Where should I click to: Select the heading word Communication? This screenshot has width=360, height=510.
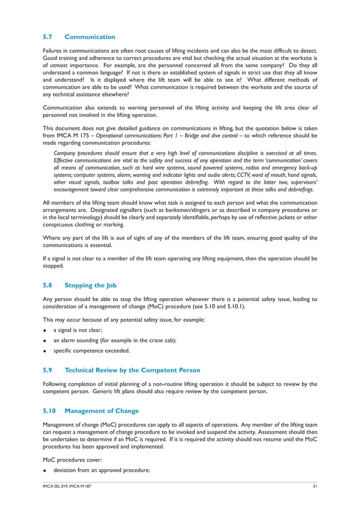90,37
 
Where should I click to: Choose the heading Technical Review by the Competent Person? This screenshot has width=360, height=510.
132,370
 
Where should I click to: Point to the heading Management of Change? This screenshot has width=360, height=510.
102,411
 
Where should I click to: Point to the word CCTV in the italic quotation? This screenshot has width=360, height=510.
245,175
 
